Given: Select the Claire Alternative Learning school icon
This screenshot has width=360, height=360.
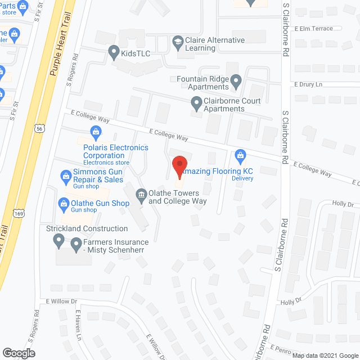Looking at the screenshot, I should [178, 40].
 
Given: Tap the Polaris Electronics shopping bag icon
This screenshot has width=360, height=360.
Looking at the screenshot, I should [95, 133].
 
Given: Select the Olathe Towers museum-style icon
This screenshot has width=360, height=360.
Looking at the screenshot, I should [141, 195].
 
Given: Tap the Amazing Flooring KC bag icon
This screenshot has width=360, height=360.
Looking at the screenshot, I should [241, 154].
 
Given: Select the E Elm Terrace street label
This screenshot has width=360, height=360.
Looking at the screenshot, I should [313, 28].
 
